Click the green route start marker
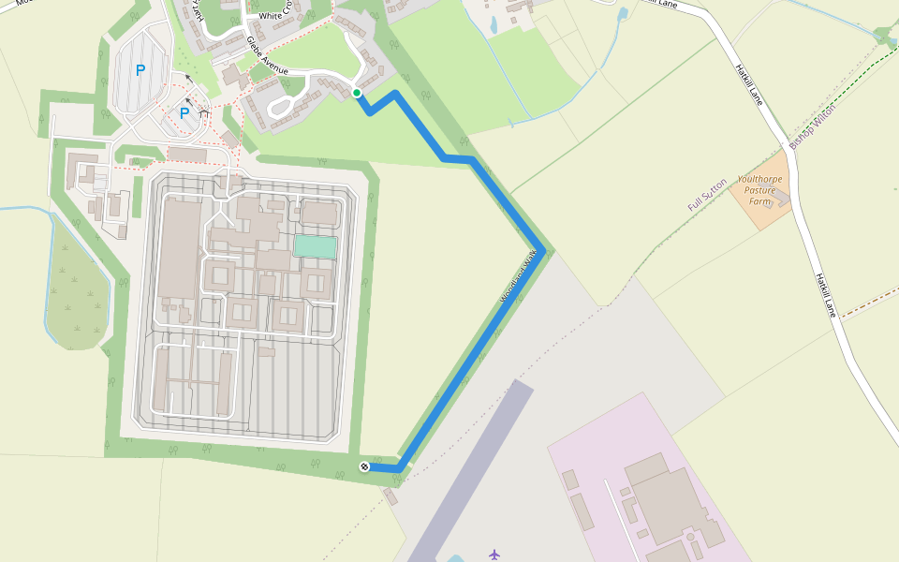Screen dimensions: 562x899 [x=357, y=92]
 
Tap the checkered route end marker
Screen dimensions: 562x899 [x=364, y=466]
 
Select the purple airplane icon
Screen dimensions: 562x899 [x=494, y=555]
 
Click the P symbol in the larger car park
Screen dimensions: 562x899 [x=140, y=69]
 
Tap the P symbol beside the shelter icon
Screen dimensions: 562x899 [x=184, y=113]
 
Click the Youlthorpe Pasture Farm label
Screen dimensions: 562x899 [x=759, y=190]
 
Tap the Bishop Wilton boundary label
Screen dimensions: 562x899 [x=811, y=127]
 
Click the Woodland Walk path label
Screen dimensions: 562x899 [x=521, y=277]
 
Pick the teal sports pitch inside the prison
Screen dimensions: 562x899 [x=316, y=246]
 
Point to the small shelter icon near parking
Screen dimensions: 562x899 [x=204, y=113]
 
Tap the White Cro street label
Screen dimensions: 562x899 [x=282, y=16]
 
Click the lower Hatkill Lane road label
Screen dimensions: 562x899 [x=825, y=295]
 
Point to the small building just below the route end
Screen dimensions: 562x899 [x=391, y=495]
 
